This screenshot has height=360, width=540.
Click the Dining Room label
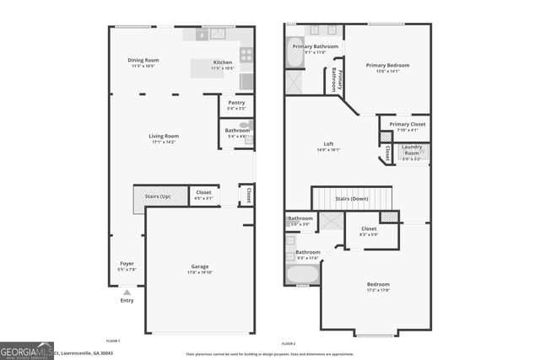pos(143,60)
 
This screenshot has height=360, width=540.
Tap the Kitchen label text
pos(223,62)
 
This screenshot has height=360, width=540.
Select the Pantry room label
pos(236,103)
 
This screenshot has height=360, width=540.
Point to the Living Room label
pos(165,136)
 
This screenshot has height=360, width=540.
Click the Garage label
pos(200,267)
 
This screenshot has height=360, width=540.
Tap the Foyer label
pos(127,264)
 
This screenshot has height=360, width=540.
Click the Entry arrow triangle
pos(127,293)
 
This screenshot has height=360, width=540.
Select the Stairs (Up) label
pos(159,196)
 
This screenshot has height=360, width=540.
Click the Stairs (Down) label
pos(353,199)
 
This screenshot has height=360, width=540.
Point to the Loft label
pos(328,144)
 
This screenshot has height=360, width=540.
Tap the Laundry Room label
pos(412,149)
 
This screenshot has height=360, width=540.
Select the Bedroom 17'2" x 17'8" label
pos(378,285)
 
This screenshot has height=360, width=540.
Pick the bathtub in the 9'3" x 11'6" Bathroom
pos(302,274)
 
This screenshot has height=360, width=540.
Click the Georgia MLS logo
pos(27,350)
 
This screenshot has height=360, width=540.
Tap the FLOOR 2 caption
pos(289,344)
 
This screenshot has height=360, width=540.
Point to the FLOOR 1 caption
pos(113,341)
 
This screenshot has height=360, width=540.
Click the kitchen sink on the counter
pos(217,34)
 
